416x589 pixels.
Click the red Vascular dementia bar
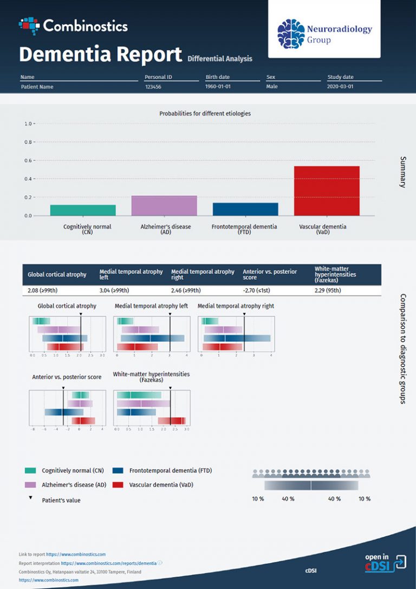tap(327, 191)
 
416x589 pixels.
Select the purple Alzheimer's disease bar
tap(164, 206)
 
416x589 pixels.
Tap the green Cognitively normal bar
tap(83, 210)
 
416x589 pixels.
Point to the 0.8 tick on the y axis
tap(27, 142)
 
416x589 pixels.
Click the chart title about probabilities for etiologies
tap(205, 113)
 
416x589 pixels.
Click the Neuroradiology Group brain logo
tap(291, 34)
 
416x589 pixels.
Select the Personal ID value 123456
tap(153, 87)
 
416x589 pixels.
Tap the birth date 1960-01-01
tap(217, 87)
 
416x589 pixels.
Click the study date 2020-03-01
tap(340, 87)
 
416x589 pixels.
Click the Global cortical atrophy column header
tap(57, 274)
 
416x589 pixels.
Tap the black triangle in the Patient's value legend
tap(30, 497)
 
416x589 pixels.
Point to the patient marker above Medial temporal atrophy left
tap(170, 315)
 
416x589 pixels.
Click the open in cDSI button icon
tap(399, 562)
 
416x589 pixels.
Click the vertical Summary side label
tap(402, 172)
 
